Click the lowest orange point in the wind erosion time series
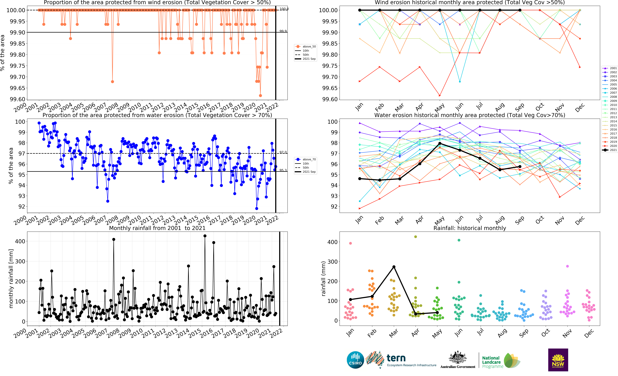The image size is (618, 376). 260,95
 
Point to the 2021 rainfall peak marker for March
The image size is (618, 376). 394,267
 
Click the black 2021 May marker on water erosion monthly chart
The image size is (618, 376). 440,143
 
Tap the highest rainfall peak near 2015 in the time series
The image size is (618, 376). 205,236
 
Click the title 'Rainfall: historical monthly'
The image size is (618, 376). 470,228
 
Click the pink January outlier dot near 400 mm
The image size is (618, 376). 350,243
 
